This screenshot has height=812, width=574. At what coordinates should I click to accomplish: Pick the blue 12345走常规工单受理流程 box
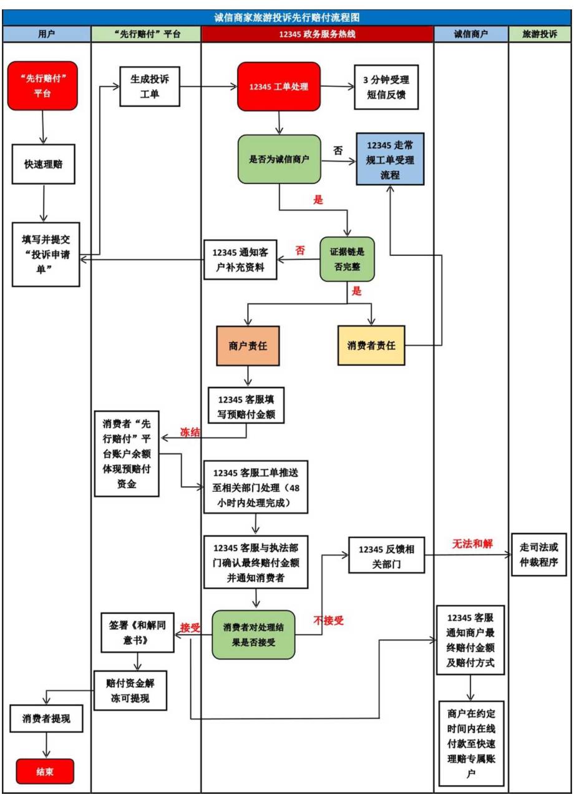click(390, 160)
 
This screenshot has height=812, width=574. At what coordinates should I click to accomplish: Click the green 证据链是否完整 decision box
click(347, 258)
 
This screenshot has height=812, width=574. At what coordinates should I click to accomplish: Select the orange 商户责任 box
click(248, 345)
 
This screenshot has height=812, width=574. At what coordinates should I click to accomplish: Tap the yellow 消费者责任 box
click(371, 345)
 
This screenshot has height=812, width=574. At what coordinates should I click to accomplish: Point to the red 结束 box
click(45, 771)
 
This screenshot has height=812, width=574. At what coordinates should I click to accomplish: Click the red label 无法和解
click(472, 544)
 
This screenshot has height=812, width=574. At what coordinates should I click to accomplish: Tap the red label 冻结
click(190, 432)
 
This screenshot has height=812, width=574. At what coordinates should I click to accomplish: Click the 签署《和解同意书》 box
click(137, 632)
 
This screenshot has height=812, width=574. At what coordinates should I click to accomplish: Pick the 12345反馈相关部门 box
click(387, 554)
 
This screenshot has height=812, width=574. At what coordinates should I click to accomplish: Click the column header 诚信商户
click(470, 35)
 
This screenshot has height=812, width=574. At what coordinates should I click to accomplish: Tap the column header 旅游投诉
click(540, 35)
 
